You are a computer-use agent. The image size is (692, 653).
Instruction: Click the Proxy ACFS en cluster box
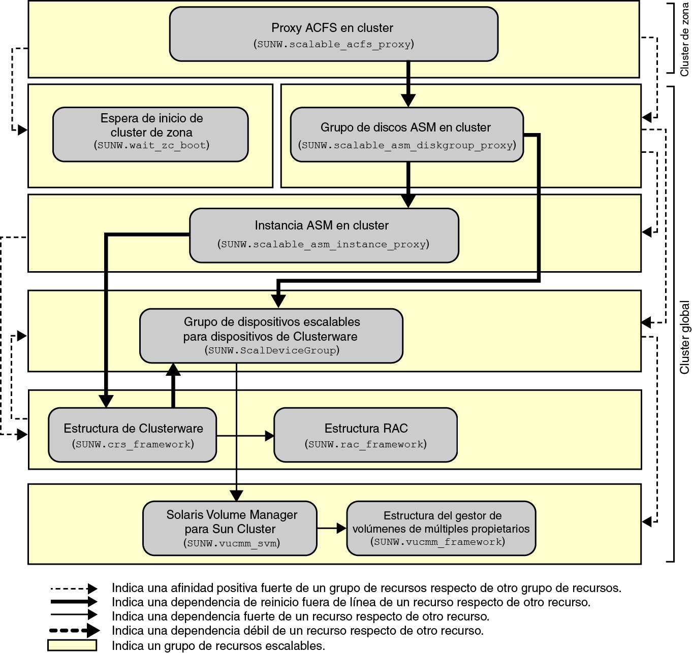(x=333, y=34)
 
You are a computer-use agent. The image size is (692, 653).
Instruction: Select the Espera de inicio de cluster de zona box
(x=150, y=134)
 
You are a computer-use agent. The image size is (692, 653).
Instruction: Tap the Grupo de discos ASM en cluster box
(x=406, y=135)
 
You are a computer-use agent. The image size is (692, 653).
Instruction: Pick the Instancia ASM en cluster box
(x=324, y=235)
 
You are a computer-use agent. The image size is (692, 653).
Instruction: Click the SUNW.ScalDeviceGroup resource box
(x=271, y=336)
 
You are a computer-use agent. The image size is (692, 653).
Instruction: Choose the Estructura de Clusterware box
(x=133, y=435)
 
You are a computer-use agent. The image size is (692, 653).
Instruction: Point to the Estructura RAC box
(x=365, y=435)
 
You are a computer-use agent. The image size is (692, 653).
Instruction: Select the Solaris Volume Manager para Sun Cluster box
(x=230, y=528)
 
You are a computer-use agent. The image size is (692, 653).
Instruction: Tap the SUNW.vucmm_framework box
(x=441, y=528)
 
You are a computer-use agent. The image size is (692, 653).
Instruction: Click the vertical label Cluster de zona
(x=685, y=39)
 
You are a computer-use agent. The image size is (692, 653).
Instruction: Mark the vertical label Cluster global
(x=685, y=337)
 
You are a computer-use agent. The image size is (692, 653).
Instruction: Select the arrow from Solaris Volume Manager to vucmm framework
(x=331, y=528)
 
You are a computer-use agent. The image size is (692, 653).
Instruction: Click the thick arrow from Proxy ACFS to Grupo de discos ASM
(x=408, y=84)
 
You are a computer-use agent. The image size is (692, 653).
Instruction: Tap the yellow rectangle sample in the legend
(x=72, y=645)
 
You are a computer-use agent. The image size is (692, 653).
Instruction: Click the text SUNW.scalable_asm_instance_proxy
(x=324, y=244)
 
